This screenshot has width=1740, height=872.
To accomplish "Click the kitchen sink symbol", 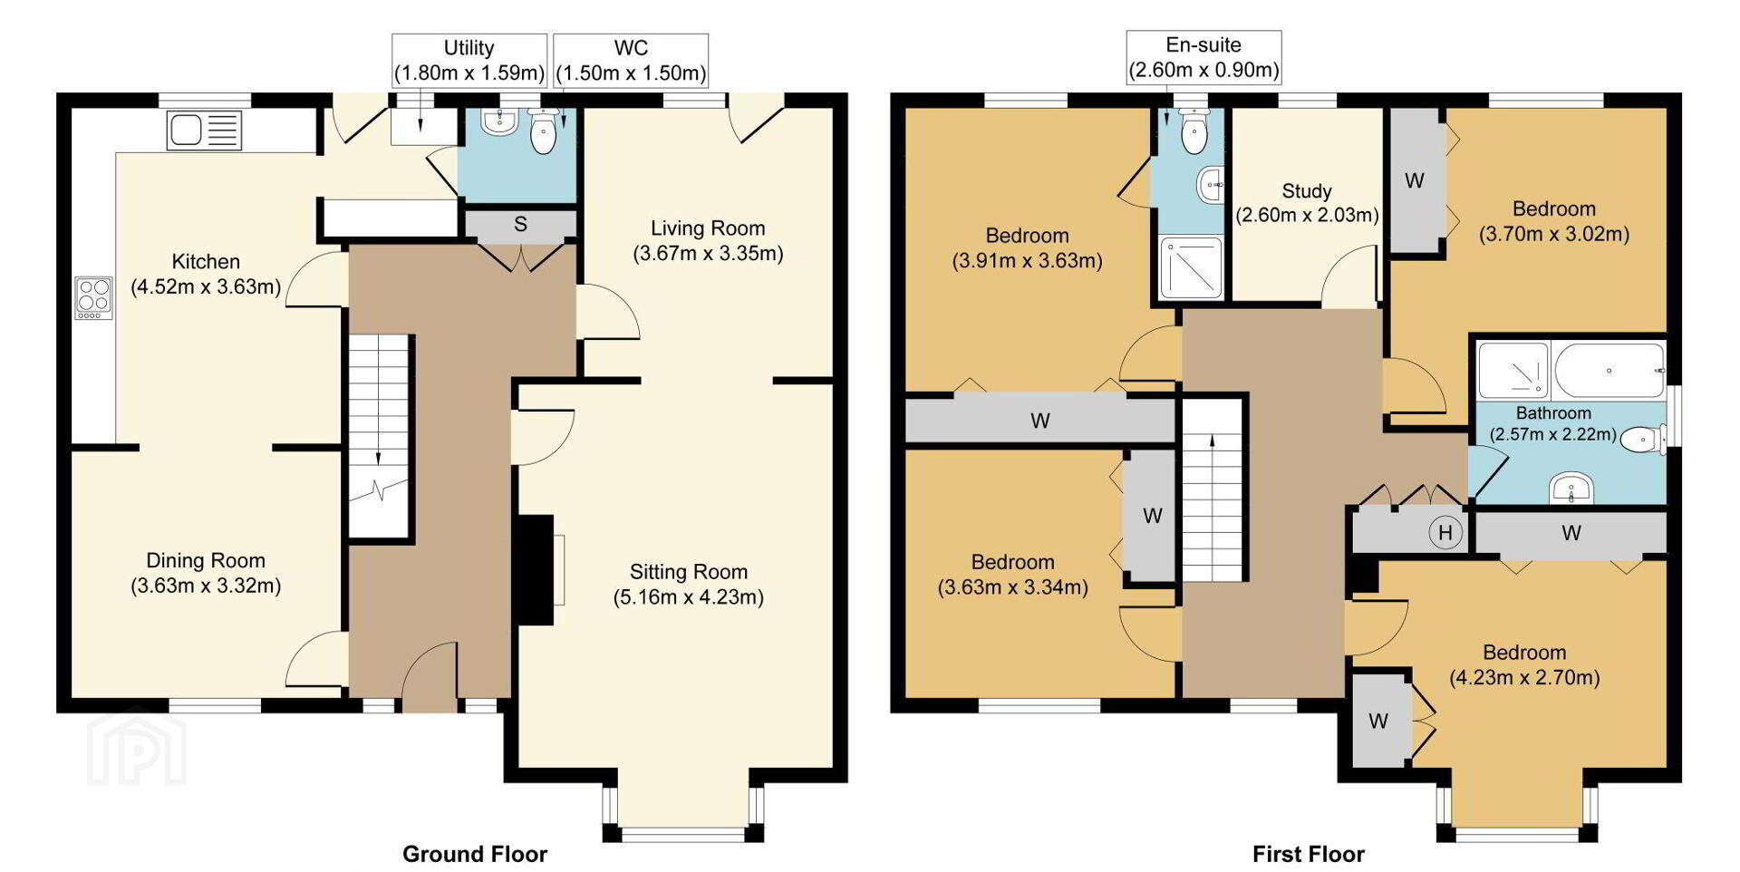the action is (205, 130).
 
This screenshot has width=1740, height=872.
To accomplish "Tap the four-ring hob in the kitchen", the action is (93, 298).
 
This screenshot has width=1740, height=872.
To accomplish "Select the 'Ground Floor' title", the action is (475, 854).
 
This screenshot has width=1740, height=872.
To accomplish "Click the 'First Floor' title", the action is (1308, 854).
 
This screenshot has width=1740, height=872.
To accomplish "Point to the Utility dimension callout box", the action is (469, 60).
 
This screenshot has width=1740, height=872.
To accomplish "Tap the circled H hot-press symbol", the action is (1445, 533).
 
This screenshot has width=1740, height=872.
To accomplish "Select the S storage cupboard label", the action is (520, 224).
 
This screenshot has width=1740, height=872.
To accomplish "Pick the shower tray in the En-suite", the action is (1191, 269).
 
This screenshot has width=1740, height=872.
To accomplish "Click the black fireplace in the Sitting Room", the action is (534, 570).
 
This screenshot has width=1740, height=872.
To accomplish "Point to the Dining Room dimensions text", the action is (206, 586).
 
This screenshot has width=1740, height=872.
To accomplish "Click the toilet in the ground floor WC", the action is (543, 131).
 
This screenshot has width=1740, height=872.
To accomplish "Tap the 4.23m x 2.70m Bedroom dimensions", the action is (1524, 677).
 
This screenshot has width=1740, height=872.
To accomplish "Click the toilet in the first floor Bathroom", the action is (1641, 441).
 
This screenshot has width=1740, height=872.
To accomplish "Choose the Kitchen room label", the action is (206, 262).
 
